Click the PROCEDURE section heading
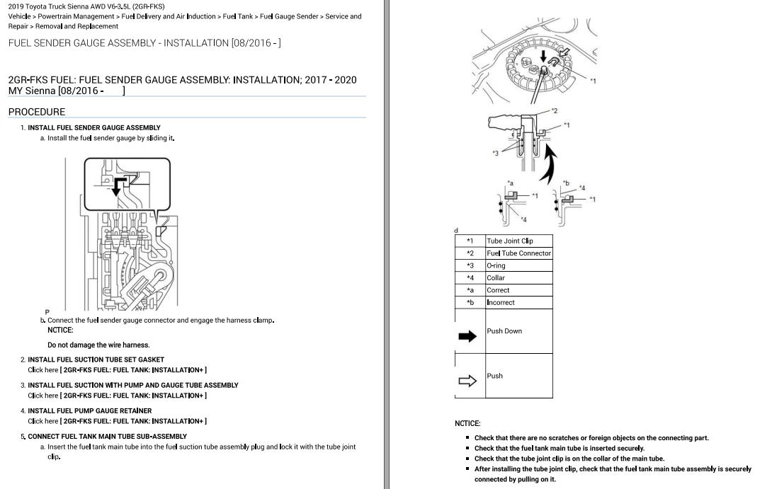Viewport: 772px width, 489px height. tap(36, 112)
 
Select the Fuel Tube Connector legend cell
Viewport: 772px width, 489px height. tap(518, 253)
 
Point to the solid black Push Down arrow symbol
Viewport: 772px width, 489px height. tap(468, 337)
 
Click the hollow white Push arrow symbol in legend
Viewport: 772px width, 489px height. tap(468, 381)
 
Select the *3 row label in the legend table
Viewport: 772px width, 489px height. tap(470, 265)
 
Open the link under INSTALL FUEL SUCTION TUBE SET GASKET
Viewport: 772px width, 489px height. tap(117, 369)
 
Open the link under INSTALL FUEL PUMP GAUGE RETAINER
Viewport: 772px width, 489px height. tap(117, 421)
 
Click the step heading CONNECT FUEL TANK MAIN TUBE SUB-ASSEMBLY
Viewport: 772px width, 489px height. tap(107, 437)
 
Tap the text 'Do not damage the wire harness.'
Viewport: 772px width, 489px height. tap(98, 345)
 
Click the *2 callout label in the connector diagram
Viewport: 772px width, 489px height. tap(555, 111)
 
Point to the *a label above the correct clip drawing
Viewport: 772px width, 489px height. tap(510, 183)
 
